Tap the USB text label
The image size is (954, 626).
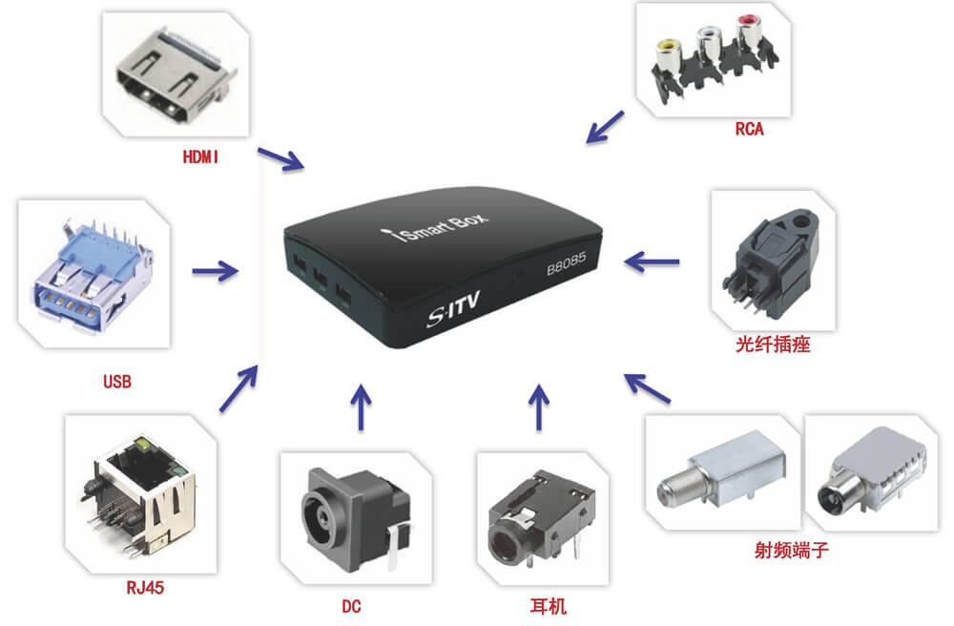116,383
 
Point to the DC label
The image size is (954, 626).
351,606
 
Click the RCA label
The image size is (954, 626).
749,130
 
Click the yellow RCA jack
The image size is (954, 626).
664,44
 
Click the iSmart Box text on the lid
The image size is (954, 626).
448,228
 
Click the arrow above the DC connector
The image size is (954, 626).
359,408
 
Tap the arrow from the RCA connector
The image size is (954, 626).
605,127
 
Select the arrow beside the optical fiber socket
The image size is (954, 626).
653,259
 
